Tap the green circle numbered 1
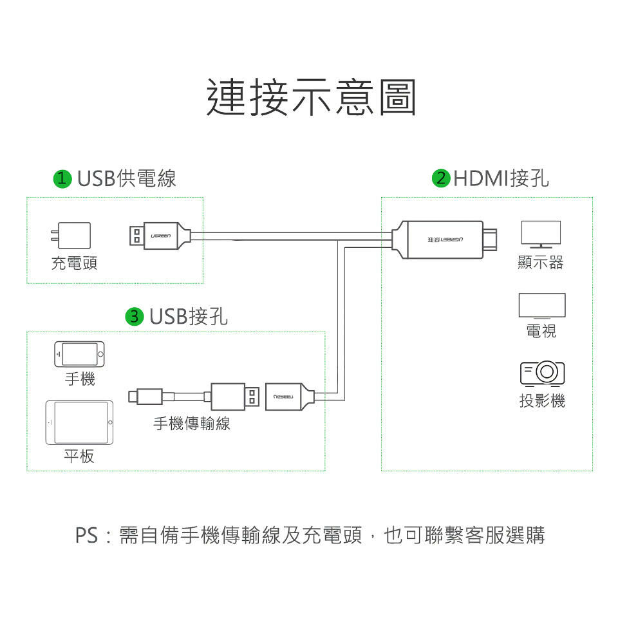coord(62,178)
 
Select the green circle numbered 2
coord(441,178)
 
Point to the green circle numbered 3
coord(135,316)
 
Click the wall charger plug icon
coord(71,236)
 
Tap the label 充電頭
coord(74,263)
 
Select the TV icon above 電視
coord(542,306)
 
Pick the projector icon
coord(542,372)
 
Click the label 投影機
coord(542,400)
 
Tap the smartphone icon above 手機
coord(79,353)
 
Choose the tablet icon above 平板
coord(79,422)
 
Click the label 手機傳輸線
coord(191,423)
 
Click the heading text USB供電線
coord(126,178)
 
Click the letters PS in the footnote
coord(86,535)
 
